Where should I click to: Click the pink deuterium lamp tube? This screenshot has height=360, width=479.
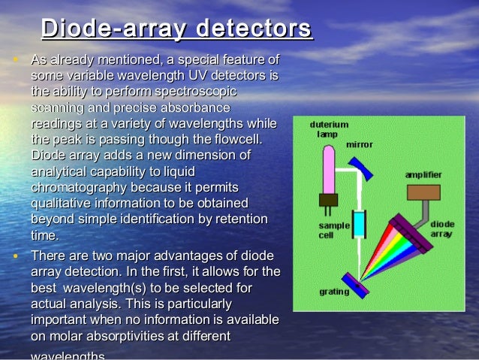(x=327, y=168)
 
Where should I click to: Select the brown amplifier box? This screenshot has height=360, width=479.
(x=423, y=192)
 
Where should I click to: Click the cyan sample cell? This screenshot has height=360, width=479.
(x=360, y=223)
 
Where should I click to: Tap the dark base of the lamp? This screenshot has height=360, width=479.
(x=327, y=200)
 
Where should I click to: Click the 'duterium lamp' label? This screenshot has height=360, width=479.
(x=328, y=129)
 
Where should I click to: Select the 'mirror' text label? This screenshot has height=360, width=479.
(x=359, y=144)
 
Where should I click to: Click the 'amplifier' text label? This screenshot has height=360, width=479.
(x=423, y=174)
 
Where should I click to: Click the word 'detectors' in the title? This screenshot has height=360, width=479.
(x=253, y=29)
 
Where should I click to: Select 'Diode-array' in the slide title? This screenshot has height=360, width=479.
(x=113, y=29)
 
